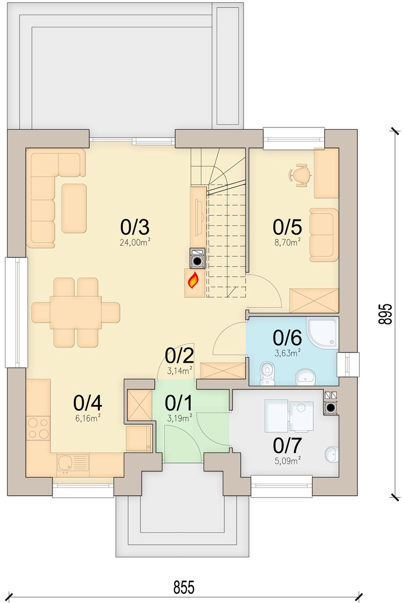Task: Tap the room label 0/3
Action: (135, 227)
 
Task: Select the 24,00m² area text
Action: (135, 243)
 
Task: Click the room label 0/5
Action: (287, 227)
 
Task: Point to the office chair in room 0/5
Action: (300, 175)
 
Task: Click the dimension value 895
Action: (385, 314)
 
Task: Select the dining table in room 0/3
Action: (76, 312)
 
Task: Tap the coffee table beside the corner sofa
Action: (74, 208)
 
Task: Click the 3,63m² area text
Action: (288, 353)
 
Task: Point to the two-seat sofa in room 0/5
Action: (324, 235)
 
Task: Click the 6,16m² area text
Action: (88, 419)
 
